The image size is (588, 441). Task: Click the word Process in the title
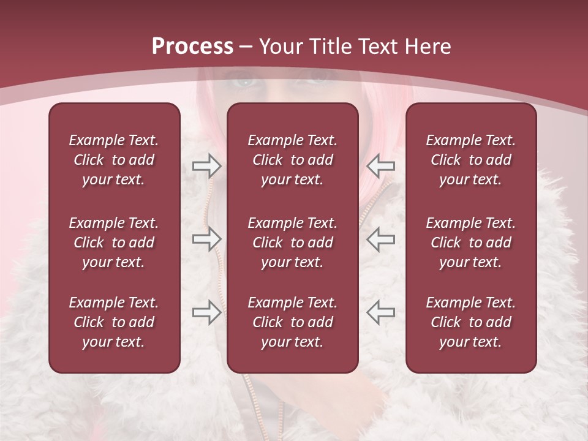(192, 47)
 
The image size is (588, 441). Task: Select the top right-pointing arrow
(206, 165)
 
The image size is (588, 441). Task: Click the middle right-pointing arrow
(206, 239)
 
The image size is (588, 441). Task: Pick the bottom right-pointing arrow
(206, 312)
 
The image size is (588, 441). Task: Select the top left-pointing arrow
(380, 165)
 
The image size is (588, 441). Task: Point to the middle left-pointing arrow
(380, 239)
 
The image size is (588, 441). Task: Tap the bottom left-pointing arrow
(380, 312)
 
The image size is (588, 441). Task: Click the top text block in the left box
(114, 160)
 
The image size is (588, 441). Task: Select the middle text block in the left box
(114, 243)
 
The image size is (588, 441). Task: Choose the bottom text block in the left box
(114, 322)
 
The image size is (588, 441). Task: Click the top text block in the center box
(292, 160)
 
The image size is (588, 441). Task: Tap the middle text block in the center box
(292, 243)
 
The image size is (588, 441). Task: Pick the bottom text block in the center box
(292, 322)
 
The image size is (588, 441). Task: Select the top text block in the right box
(470, 160)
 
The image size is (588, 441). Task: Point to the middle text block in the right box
(470, 243)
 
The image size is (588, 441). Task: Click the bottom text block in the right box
(470, 322)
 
